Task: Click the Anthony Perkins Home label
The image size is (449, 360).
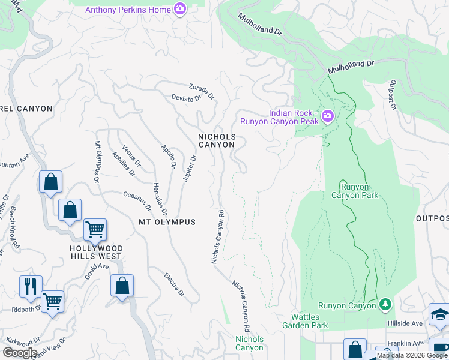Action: [127, 10]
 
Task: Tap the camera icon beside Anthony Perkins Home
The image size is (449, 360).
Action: [179, 9]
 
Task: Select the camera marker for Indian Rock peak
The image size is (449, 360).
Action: [328, 116]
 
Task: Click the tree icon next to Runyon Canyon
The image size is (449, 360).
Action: [384, 305]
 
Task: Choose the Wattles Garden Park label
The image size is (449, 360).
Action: [309, 321]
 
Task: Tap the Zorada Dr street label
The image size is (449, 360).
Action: [202, 91]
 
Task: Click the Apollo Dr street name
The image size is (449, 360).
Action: [169, 156]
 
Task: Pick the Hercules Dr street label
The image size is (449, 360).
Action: [160, 199]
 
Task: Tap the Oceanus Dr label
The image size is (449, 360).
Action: [137, 202]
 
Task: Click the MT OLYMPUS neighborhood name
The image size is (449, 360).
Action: [167, 222]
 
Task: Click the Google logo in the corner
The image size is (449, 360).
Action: [20, 352]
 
